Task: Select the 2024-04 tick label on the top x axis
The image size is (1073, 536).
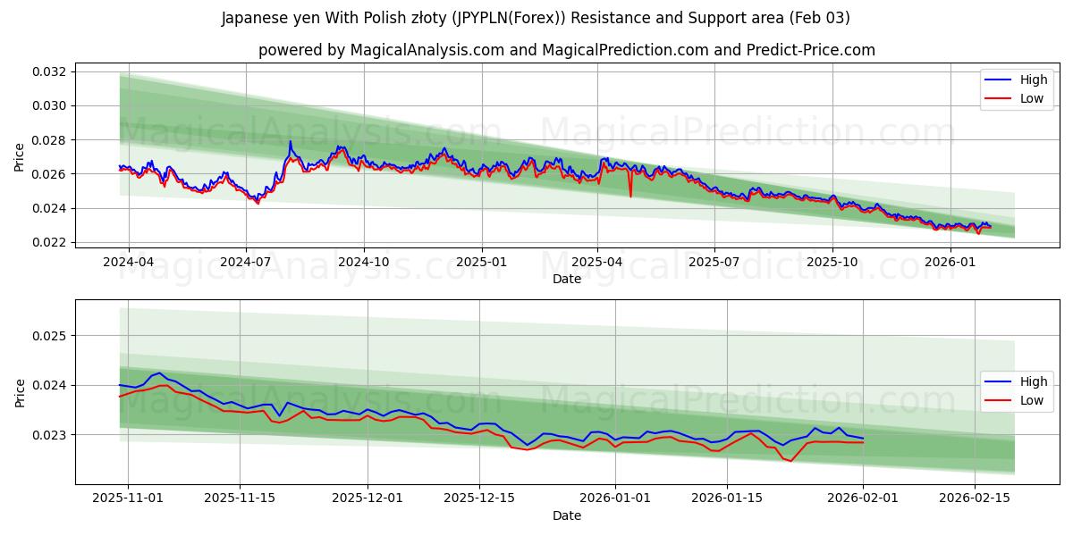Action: tap(129, 263)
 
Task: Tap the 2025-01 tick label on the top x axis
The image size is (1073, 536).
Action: tap(481, 263)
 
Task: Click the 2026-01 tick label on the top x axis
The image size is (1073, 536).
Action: tap(950, 263)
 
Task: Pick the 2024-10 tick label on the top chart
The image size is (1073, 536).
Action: tap(364, 263)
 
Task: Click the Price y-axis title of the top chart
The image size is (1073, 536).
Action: tap(20, 156)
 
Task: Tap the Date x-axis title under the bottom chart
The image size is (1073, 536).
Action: tap(566, 515)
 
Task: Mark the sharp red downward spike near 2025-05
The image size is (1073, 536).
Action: tap(630, 196)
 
